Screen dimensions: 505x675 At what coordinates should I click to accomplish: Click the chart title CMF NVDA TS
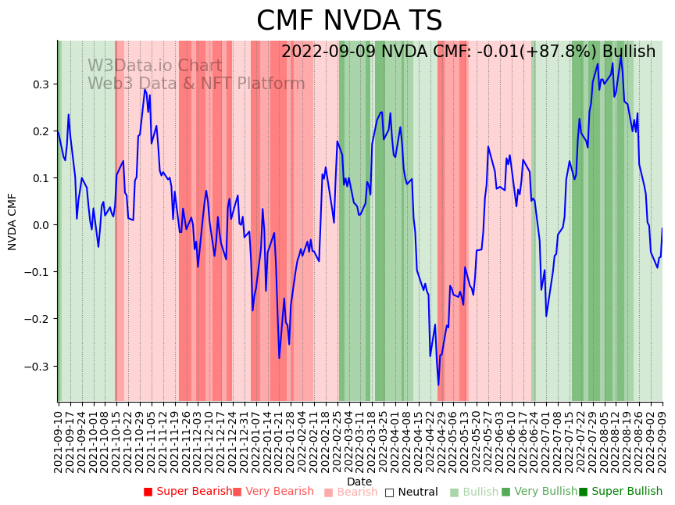tap(349, 21)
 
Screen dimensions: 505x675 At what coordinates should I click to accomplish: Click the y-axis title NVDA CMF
tap(12, 221)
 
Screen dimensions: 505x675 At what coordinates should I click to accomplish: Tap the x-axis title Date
tap(359, 482)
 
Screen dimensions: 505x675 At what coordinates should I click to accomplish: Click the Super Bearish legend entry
tap(187, 492)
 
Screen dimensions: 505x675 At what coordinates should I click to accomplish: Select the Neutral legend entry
tap(411, 492)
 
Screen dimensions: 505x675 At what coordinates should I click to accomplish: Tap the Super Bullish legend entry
tap(620, 492)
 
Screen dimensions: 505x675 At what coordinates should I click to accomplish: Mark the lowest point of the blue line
tap(438, 385)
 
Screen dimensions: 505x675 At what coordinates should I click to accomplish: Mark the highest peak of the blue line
tap(621, 56)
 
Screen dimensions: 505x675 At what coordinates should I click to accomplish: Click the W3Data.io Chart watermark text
tap(155, 66)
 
